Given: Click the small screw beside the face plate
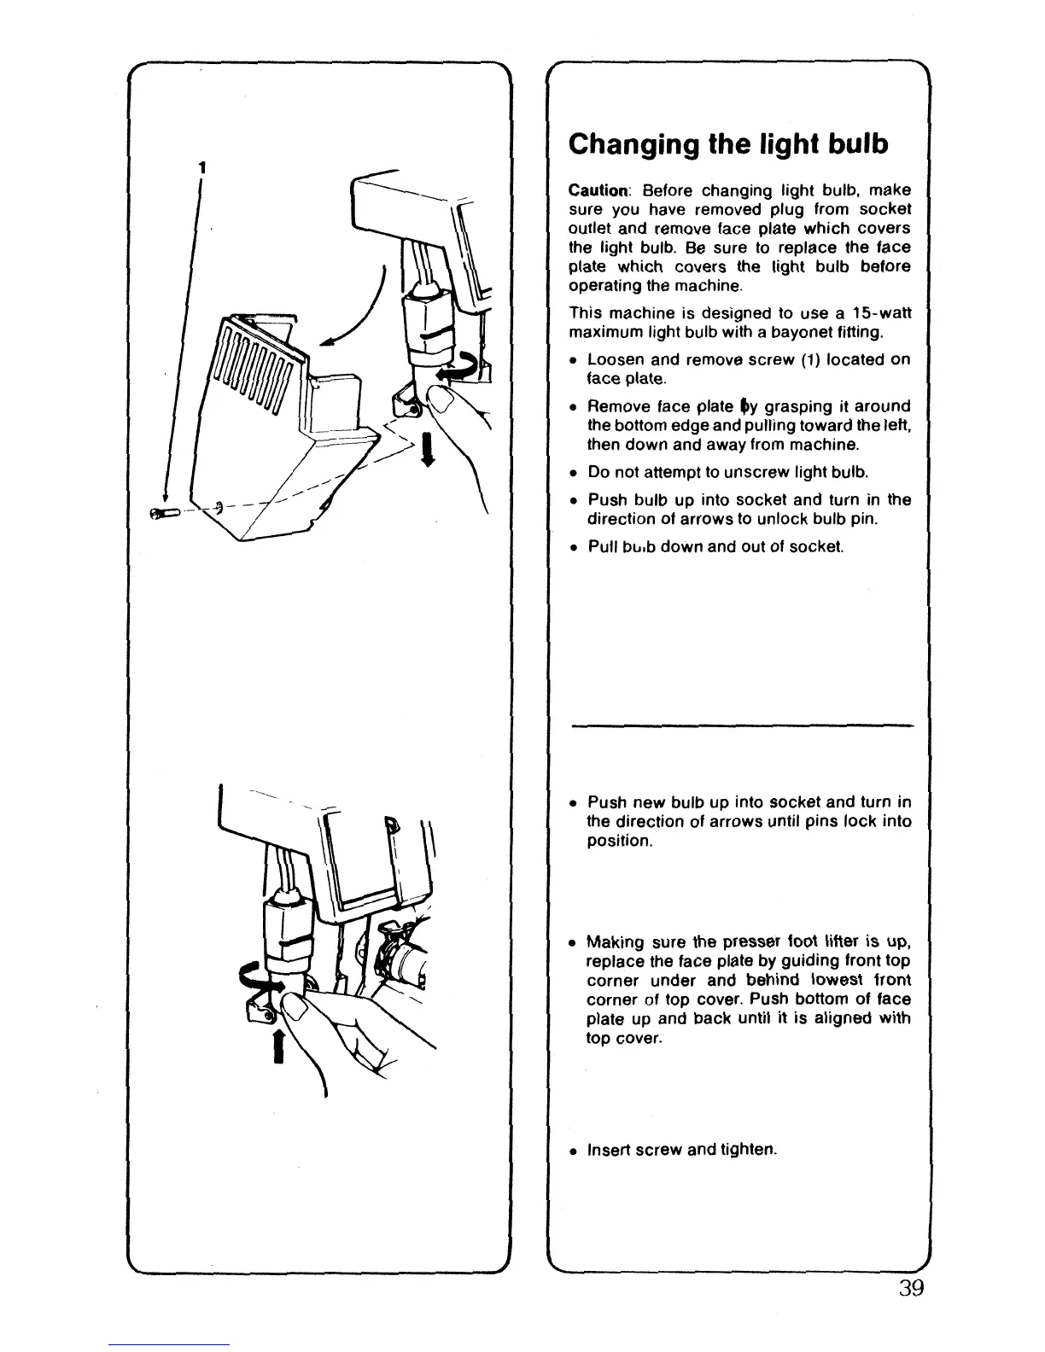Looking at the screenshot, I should (163, 512).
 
